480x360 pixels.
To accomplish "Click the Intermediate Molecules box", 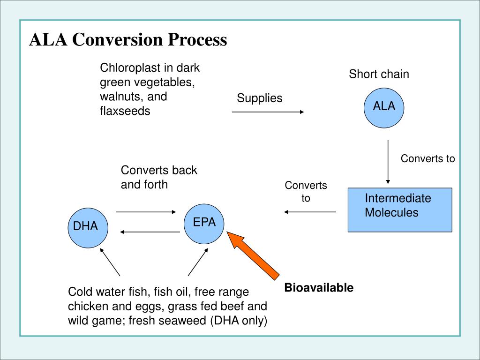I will click(x=399, y=210).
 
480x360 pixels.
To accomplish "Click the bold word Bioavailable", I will click(x=319, y=287).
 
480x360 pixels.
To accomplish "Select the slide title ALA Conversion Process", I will click(x=128, y=40).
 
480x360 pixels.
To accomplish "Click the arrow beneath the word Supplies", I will click(x=268, y=112).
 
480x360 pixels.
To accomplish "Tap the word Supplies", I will click(x=259, y=98).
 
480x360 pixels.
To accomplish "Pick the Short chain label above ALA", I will click(x=379, y=74).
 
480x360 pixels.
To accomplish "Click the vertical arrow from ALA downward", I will click(x=388, y=162).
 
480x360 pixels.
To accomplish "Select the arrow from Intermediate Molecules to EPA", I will click(x=310, y=212).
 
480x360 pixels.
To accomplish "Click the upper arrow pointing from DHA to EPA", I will click(x=146, y=212).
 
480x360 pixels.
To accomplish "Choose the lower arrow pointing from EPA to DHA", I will click(x=150, y=232).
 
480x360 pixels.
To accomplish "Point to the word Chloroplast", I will click(x=125, y=68).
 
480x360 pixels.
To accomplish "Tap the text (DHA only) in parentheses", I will click(x=238, y=321).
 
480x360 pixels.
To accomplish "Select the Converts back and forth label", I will click(x=159, y=177).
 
